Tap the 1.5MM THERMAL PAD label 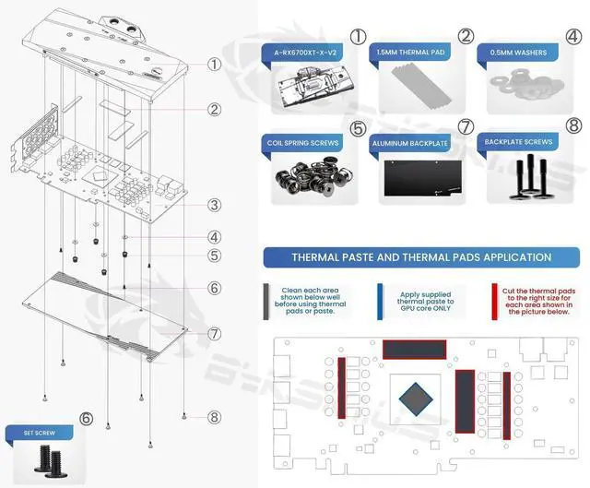411,54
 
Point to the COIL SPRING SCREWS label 302,144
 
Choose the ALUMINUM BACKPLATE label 411,145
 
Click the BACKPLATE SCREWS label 519,142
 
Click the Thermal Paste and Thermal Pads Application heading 421,257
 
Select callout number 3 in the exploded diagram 214,206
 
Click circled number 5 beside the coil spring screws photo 359,129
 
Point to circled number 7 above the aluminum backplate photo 466,125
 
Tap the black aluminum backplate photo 420,180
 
